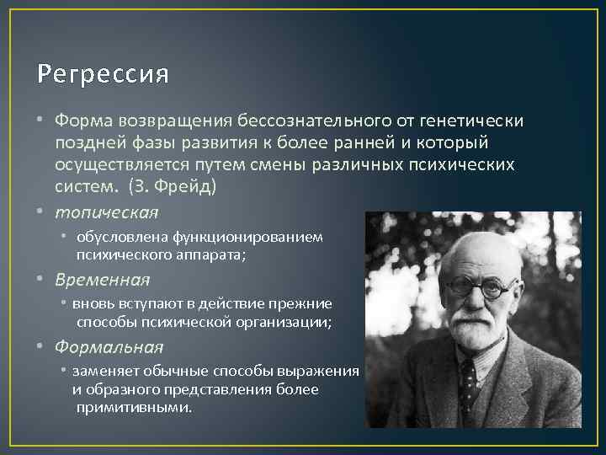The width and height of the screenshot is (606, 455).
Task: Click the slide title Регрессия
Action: pyautogui.click(x=103, y=75)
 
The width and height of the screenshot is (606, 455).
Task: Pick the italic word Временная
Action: pyautogui.click(x=103, y=279)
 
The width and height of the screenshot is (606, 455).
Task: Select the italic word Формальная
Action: pyautogui.click(x=109, y=346)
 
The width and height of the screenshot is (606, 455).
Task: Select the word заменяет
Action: pyautogui.click(x=104, y=371)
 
